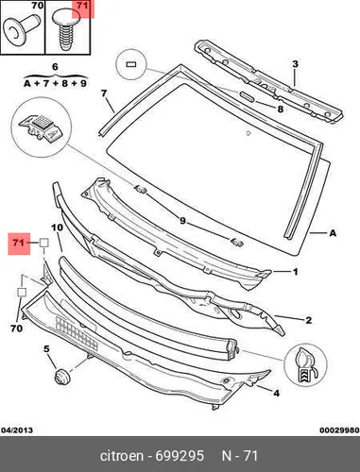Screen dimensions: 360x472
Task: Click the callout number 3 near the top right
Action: [x=295, y=64]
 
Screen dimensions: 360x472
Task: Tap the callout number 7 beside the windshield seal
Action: [x=104, y=93]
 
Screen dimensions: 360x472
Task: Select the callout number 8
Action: [x=280, y=110]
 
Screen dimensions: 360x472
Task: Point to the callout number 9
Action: [x=182, y=221]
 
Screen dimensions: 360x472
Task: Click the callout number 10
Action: [x=57, y=228]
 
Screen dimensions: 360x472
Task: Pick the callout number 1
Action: [x=296, y=271]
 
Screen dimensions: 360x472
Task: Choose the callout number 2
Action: [x=309, y=320]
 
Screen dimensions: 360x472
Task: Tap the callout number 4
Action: [x=276, y=393]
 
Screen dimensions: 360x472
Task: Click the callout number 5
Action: [x=46, y=348]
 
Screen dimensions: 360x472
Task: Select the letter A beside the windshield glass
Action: [x=333, y=233]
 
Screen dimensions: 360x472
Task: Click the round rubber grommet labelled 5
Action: [x=62, y=376]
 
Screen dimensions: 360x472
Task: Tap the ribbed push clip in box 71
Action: [x=64, y=31]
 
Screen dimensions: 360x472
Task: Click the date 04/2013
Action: [x=17, y=430]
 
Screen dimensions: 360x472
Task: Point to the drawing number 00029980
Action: [x=339, y=430]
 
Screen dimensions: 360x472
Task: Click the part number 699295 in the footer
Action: [x=180, y=456]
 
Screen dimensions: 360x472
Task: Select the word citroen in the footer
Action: [x=122, y=456]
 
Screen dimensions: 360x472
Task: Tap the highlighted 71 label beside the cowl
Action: [x=19, y=244]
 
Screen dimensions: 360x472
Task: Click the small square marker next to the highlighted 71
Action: [x=43, y=243]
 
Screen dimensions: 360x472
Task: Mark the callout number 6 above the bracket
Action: [x=55, y=67]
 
